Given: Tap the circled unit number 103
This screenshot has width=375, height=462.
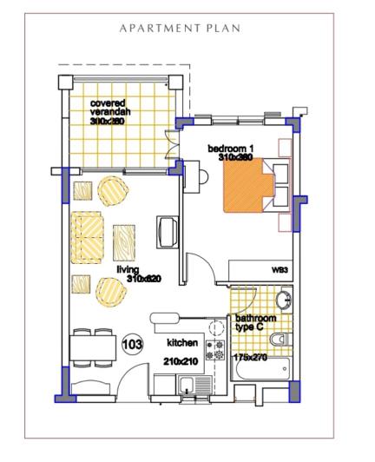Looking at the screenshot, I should [133, 344].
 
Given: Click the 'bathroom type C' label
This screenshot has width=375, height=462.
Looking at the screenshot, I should [252, 323].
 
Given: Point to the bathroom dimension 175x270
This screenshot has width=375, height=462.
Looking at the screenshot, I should [254, 357].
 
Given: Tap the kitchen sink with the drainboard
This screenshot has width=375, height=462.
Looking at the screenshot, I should [187, 387].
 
